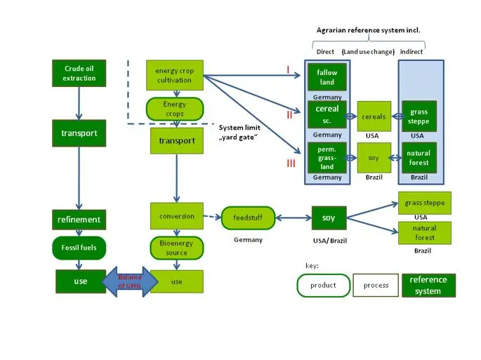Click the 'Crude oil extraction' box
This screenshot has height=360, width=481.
[79, 74]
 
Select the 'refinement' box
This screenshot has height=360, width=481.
[79, 220]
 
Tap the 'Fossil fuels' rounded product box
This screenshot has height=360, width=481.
[79, 248]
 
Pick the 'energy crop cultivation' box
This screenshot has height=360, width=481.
[174, 75]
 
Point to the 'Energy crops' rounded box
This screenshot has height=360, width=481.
[174, 109]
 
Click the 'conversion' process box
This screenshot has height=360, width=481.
[176, 216]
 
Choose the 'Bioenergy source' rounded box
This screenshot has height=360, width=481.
[176, 248]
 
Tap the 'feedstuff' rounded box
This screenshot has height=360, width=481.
[247, 218]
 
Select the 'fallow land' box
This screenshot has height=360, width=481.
[327, 77]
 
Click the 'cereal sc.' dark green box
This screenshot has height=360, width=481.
[327, 115]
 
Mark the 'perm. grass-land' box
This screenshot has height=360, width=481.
[327, 158]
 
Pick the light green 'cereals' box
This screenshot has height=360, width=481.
[374, 116]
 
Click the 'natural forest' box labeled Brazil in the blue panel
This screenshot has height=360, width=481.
[419, 158]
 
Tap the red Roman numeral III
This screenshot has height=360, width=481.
[291, 164]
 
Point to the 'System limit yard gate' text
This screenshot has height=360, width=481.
[239, 131]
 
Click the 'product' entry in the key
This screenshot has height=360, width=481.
[323, 286]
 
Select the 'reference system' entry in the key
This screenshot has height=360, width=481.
[428, 286]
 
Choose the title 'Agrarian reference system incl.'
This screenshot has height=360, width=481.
[368, 30]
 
